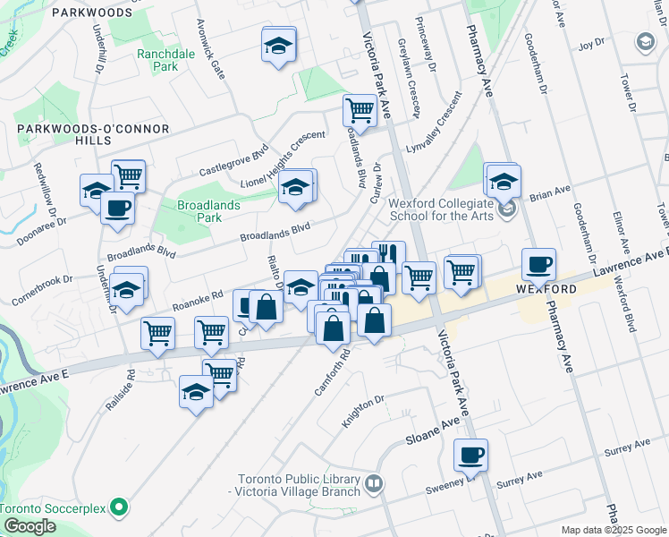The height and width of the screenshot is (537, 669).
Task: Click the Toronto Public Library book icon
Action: [x=374, y=485]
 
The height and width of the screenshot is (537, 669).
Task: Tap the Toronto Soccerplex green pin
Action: [x=114, y=507]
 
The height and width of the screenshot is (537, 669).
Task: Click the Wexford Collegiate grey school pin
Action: [x=508, y=209]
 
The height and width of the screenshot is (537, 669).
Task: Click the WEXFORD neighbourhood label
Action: [x=546, y=290]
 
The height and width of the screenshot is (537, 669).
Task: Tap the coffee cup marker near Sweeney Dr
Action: [x=470, y=455]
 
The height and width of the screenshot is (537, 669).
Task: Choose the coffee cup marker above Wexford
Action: [x=538, y=264]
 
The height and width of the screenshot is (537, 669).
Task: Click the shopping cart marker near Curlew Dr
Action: [x=360, y=110]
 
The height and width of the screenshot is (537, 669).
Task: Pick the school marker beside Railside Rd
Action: [x=196, y=391]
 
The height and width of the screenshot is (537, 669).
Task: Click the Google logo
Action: [x=29, y=526]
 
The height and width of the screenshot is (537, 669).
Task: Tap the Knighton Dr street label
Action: [x=365, y=411]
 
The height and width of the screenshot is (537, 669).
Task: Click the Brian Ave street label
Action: [x=550, y=194]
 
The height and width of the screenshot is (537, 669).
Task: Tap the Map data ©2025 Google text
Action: [x=613, y=530]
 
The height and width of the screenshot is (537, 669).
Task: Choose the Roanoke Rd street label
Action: [x=198, y=300]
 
